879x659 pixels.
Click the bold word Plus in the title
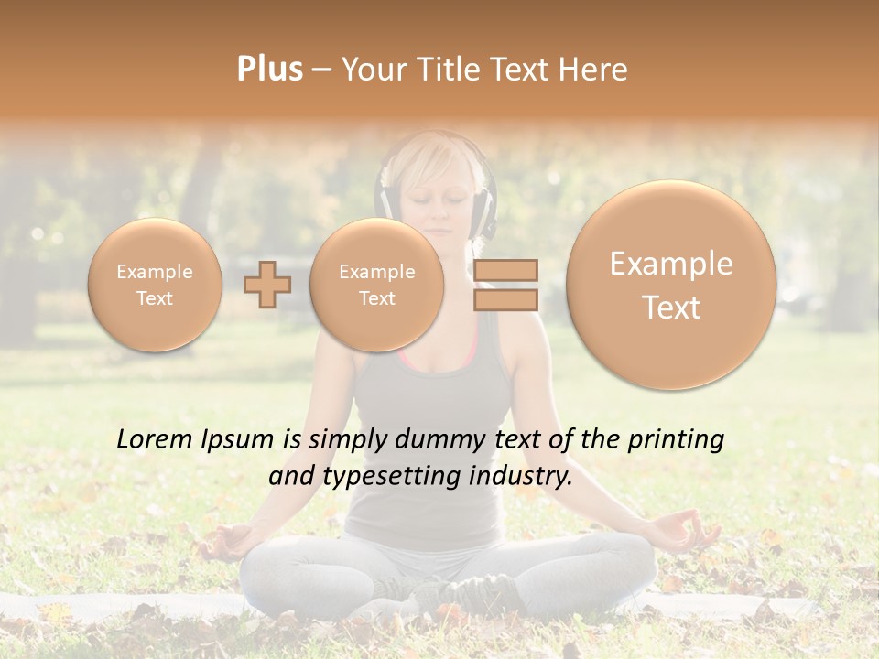point(269,70)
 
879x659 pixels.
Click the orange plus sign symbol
point(267,285)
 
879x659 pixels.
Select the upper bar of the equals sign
point(505,270)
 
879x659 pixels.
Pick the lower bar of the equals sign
point(505,299)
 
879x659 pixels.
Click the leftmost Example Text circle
point(155,285)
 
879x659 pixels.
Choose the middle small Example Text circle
point(376,285)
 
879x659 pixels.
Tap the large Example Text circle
point(671,285)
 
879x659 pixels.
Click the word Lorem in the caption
point(156,439)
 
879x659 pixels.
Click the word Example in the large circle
point(671,265)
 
